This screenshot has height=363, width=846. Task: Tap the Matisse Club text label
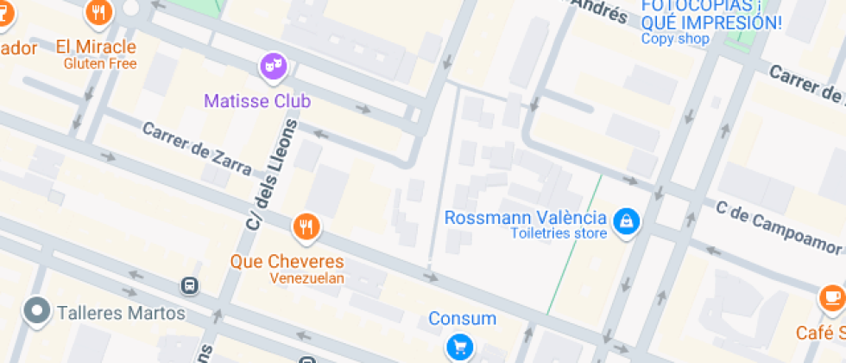[256, 101]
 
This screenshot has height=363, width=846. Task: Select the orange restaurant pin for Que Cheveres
[306, 227]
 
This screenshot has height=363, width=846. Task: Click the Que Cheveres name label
[287, 261]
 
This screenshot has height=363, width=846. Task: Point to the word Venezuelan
[306, 278]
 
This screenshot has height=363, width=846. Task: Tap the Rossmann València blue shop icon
[626, 222]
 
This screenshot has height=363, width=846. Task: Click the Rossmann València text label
[526, 217]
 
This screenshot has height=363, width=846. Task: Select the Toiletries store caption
[558, 234]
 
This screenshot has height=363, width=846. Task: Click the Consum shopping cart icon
[459, 347]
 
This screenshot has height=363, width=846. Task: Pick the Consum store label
[462, 319]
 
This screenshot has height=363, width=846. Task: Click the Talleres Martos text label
[120, 312]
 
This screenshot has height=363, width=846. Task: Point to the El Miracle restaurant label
[95, 46]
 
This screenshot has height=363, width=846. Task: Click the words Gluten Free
[100, 63]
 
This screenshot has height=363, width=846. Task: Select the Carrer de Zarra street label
[197, 149]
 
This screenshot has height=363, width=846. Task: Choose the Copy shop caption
[675, 39]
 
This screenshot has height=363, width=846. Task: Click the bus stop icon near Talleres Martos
[188, 285]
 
